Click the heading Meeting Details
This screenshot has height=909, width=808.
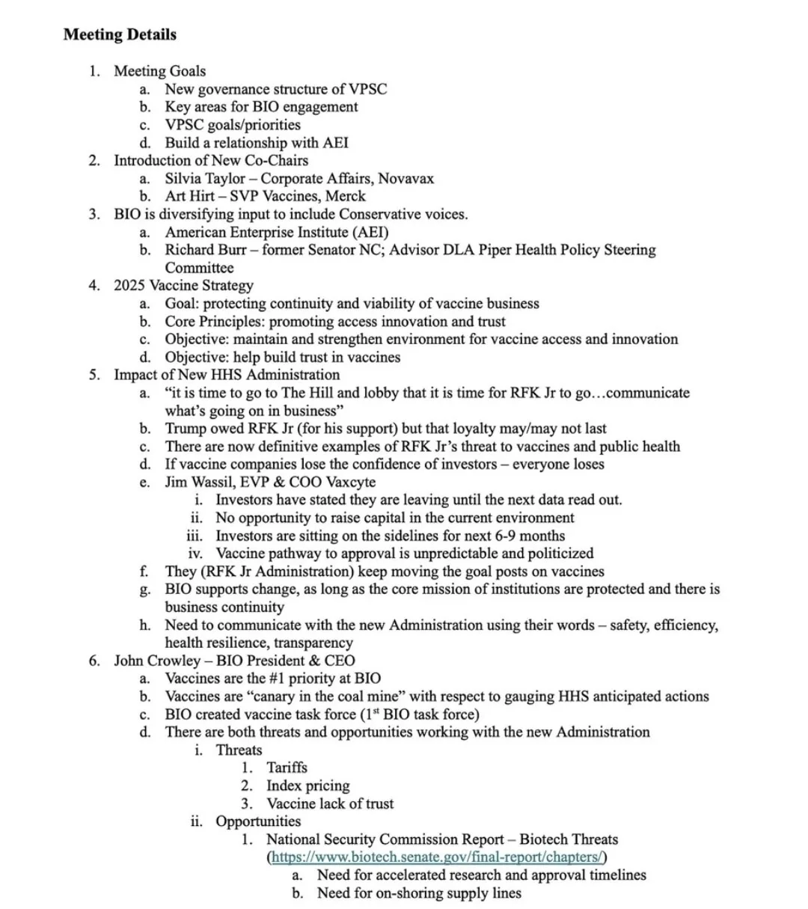[120, 34]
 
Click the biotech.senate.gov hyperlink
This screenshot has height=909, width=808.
[436, 857]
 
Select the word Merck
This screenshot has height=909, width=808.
[346, 197]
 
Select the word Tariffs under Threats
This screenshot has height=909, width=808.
[287, 768]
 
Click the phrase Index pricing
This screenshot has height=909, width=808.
[307, 786]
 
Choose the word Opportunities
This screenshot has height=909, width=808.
[258, 821]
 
